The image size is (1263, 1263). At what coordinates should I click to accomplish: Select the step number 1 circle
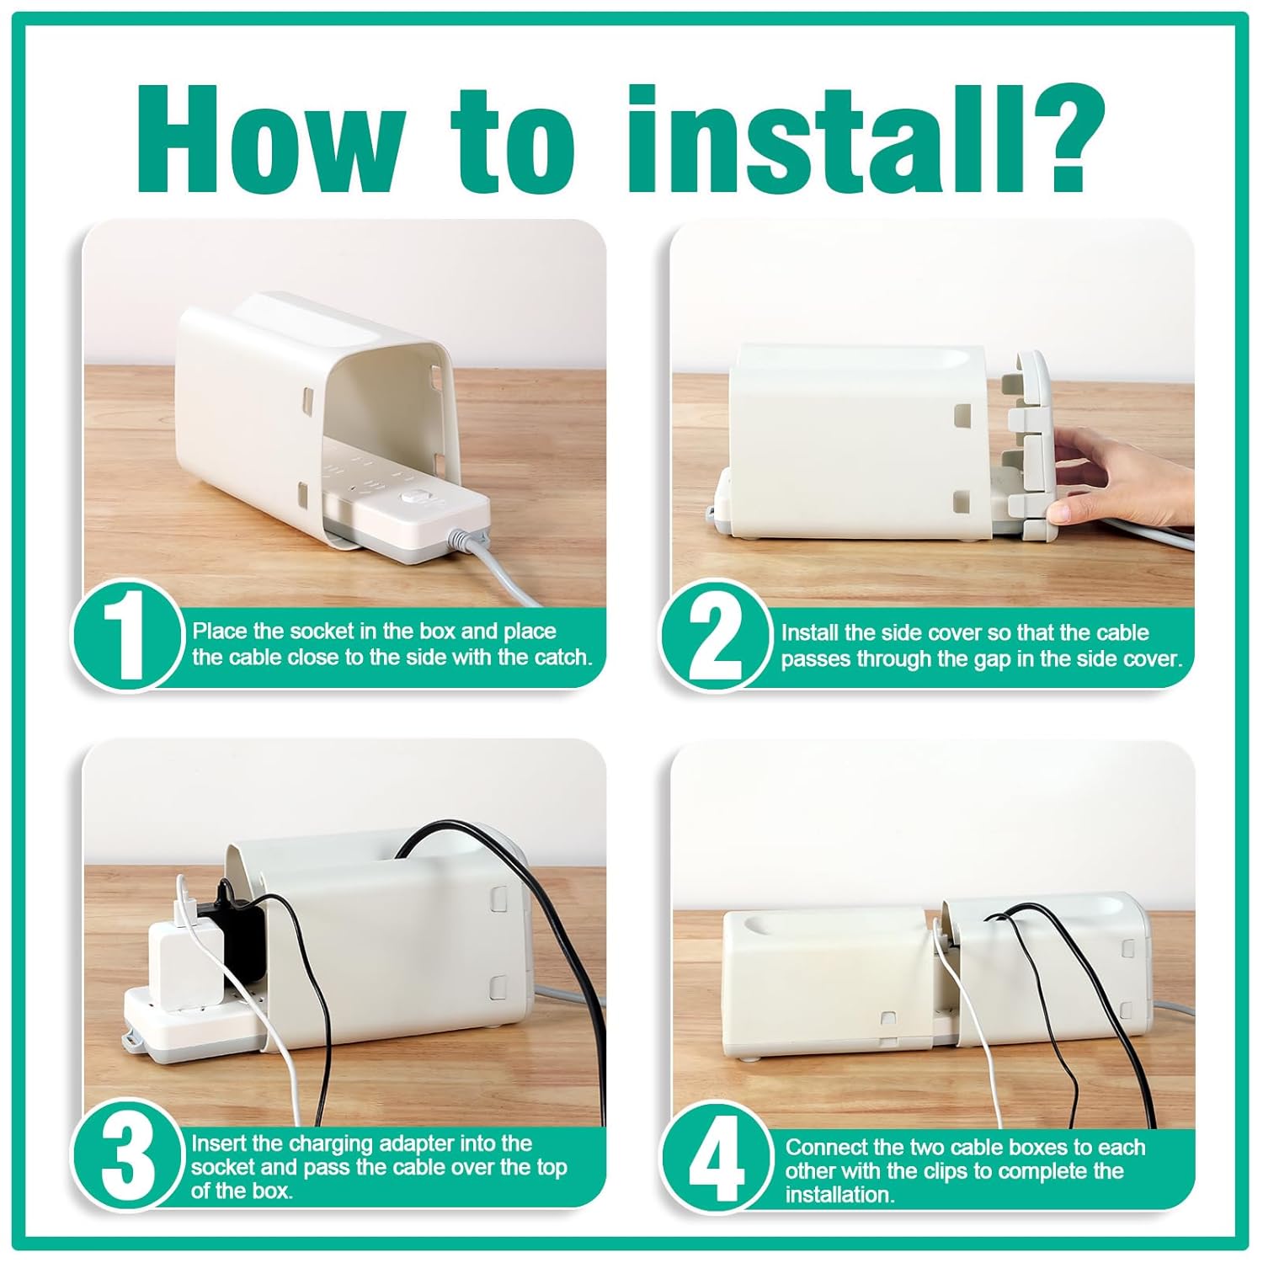(x=126, y=636)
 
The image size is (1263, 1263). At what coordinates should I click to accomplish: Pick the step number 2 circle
(x=714, y=637)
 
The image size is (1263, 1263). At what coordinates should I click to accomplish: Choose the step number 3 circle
(x=126, y=1156)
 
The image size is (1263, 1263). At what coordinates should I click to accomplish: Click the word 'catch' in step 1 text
(x=562, y=658)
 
